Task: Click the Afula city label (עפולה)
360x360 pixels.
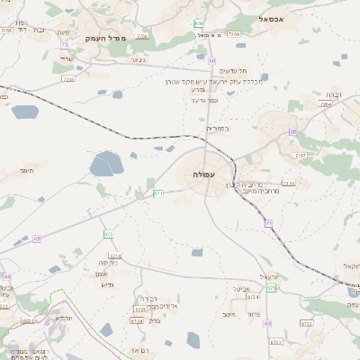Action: (x=203, y=174)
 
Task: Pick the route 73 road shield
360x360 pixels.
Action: (x=65, y=45)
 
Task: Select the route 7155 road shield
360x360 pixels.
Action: (x=288, y=184)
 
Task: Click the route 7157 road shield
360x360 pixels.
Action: (x=301, y=156)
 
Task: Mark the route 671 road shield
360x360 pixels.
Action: (x=158, y=193)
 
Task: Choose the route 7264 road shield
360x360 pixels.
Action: (x=325, y=104)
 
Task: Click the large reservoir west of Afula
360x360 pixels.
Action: (x=106, y=165)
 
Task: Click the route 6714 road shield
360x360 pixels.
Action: (x=253, y=296)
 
